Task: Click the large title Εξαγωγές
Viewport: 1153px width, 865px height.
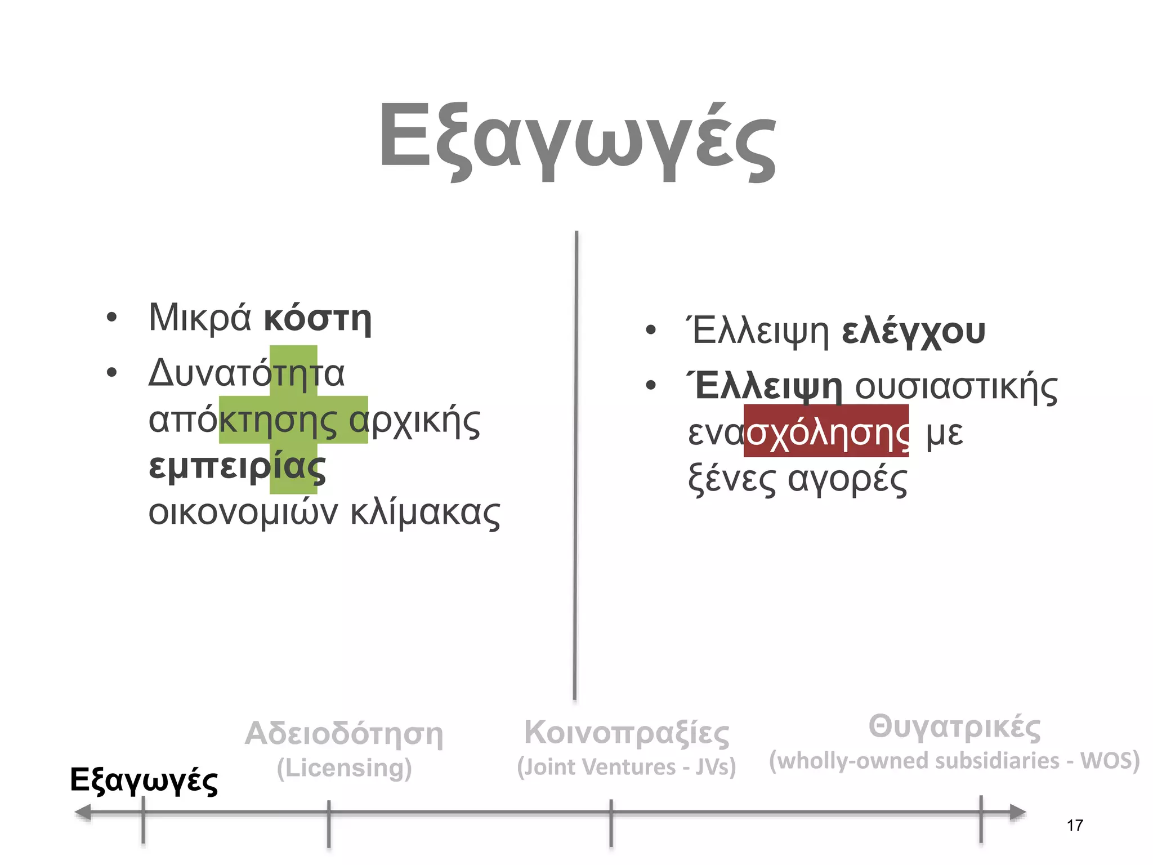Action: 577,141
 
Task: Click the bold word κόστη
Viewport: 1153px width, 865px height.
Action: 318,319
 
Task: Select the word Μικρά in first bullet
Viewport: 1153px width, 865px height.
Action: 199,318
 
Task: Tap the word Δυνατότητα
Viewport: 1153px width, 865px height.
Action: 246,373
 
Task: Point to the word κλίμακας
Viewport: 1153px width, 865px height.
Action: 425,512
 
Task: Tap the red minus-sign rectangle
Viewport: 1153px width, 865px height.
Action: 826,431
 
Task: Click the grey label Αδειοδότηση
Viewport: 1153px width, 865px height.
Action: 344,734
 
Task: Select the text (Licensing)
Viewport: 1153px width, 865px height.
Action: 344,768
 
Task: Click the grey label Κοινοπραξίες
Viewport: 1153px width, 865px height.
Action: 627,733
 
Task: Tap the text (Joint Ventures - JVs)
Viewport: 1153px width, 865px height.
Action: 627,767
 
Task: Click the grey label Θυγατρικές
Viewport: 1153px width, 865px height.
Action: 954,726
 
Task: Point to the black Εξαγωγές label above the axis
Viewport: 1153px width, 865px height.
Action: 144,781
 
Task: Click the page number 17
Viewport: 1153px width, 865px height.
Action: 1074,826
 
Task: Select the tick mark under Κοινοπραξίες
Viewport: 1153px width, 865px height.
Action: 611,822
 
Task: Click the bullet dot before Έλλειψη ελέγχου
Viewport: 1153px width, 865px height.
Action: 651,331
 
